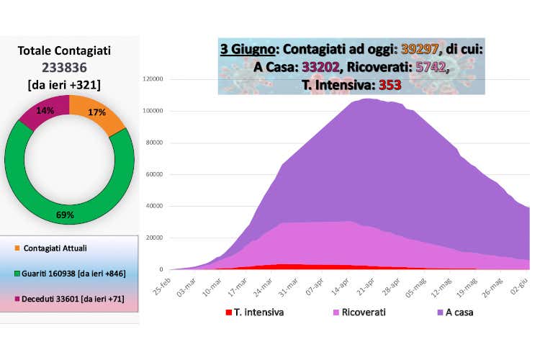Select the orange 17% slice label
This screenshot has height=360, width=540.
coord(96,112)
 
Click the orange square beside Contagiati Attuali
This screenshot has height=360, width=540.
coord(17,248)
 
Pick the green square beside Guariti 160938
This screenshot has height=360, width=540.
coord(17,274)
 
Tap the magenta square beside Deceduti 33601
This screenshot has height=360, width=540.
coord(17,298)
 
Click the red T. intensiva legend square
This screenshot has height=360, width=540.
coord(229,312)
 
